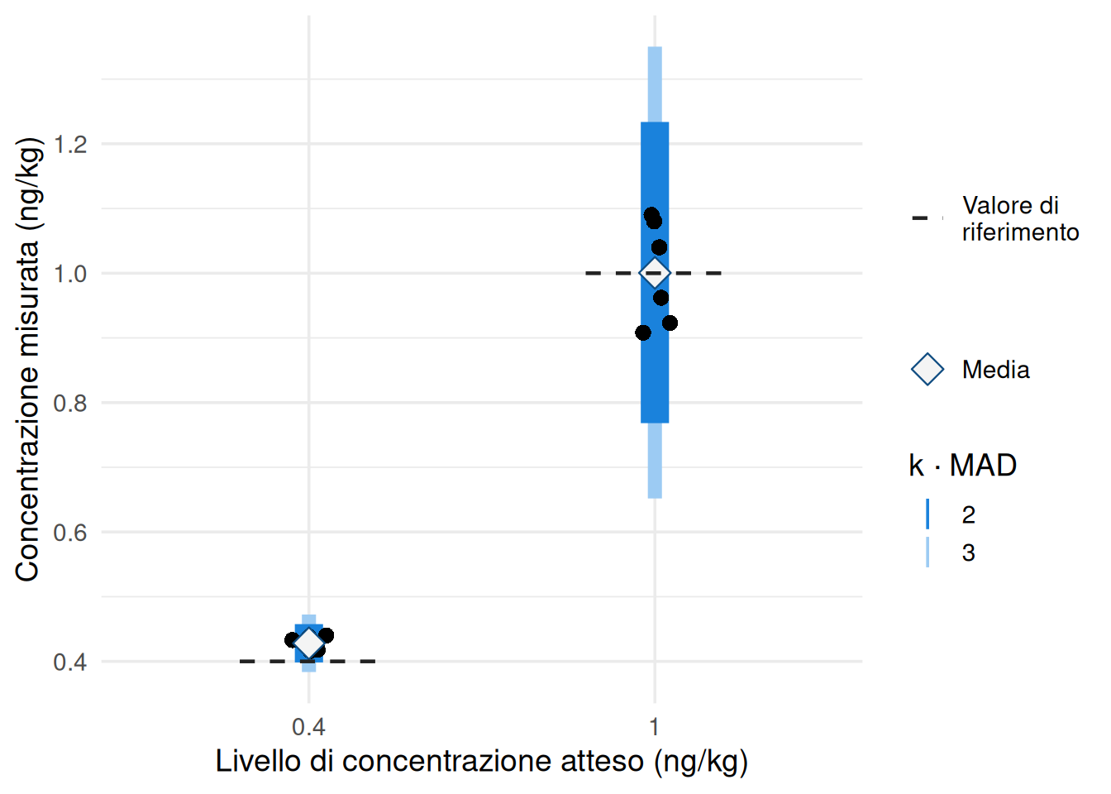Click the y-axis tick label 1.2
click(70, 145)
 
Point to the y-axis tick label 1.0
click(70, 274)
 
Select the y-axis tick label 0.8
click(70, 404)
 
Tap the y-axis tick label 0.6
click(70, 533)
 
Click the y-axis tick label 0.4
click(70, 662)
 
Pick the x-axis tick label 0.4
click(308, 728)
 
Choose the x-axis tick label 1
click(654, 728)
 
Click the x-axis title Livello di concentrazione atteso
click(481, 761)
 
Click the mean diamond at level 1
click(655, 272)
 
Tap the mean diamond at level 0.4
click(309, 643)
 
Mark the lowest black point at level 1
click(643, 332)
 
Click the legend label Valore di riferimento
click(1019, 218)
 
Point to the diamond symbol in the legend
click(927, 370)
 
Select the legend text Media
click(995, 370)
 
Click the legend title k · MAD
click(962, 466)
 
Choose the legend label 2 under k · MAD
click(969, 514)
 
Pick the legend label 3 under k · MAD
click(969, 552)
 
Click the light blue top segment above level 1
click(655, 84)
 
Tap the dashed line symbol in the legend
click(927, 218)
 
